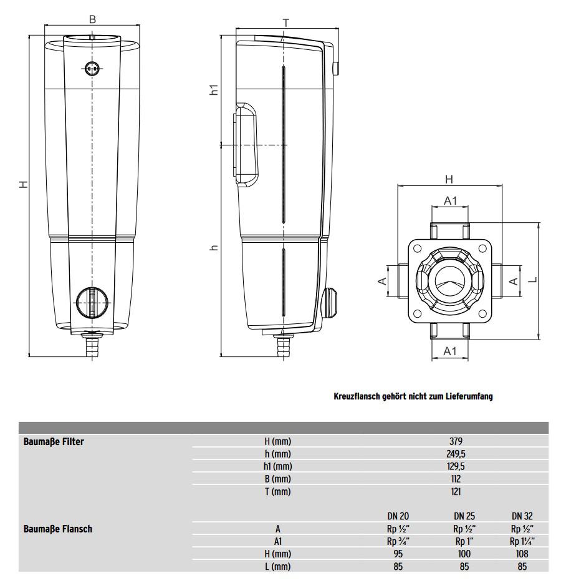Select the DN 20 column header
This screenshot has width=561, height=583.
pyautogui.click(x=398, y=516)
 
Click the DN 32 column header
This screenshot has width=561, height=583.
pyautogui.click(x=522, y=516)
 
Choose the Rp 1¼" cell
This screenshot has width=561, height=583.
pyautogui.click(x=522, y=541)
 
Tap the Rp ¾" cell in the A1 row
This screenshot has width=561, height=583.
pyautogui.click(x=398, y=541)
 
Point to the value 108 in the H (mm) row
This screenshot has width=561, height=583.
pyautogui.click(x=522, y=554)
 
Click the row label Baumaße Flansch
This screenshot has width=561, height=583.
pyautogui.click(x=58, y=529)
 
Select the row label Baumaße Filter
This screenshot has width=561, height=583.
pyautogui.click(x=54, y=441)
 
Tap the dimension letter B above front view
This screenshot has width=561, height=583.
pyautogui.click(x=92, y=19)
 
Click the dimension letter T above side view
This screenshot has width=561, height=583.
pyautogui.click(x=286, y=23)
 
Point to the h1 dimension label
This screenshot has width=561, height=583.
pyautogui.click(x=214, y=89)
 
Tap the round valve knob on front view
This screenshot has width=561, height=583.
pyautogui.click(x=92, y=303)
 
